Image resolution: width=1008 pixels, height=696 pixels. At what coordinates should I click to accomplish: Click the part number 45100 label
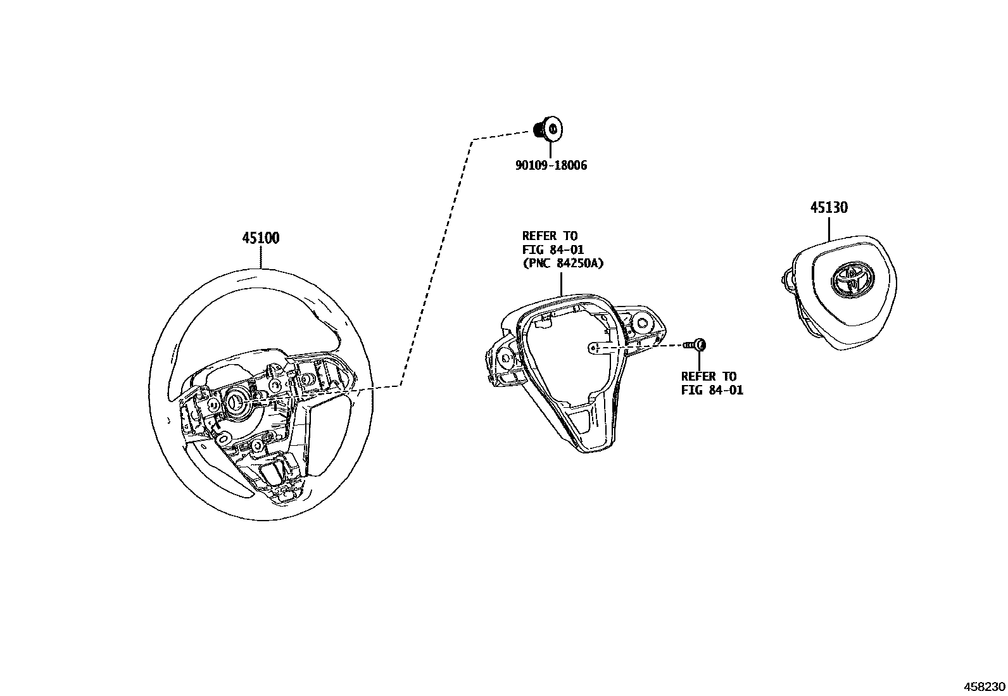pos(260,239)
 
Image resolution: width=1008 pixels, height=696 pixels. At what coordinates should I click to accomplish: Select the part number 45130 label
pos(829,208)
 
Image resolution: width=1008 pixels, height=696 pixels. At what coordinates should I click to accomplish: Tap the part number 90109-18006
pos(550,165)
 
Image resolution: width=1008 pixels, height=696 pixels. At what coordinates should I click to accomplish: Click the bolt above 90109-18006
pos(548,129)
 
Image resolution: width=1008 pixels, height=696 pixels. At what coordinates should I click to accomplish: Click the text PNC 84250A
pos(563,264)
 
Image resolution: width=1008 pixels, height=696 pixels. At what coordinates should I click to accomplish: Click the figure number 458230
pos(984,687)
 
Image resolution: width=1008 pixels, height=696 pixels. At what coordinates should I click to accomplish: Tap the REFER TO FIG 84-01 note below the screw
pos(712,383)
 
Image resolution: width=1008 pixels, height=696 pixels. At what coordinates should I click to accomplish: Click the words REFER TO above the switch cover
pos(550,236)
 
